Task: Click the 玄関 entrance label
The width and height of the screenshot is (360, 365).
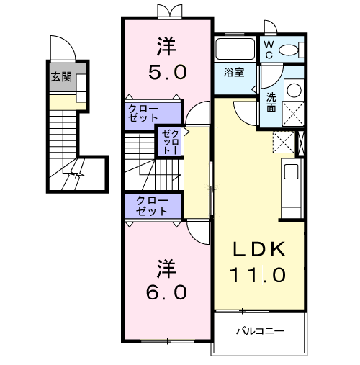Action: (x=60, y=77)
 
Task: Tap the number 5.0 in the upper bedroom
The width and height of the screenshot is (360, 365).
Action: (x=167, y=72)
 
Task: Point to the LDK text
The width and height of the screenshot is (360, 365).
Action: (x=258, y=250)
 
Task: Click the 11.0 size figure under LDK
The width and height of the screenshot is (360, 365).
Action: (x=258, y=275)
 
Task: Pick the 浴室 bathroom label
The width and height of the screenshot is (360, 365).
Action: (x=233, y=73)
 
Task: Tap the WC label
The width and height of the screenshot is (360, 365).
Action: (x=267, y=49)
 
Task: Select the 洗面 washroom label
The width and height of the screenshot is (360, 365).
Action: (x=271, y=102)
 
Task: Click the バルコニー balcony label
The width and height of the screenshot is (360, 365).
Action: (x=260, y=331)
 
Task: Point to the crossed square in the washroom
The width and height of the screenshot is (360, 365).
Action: (x=294, y=115)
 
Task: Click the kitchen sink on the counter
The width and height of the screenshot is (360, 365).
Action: (x=290, y=171)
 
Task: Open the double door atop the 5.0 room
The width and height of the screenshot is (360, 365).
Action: (x=167, y=12)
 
